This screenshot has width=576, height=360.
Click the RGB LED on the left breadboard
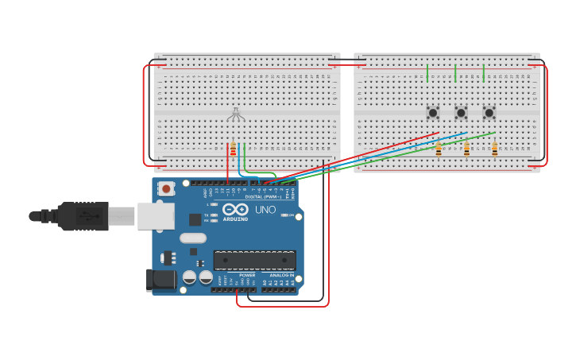point(236,115)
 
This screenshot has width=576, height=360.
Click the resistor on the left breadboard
point(233,150)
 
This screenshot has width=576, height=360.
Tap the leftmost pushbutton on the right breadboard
point(433,113)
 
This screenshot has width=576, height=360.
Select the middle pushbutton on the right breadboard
point(461,113)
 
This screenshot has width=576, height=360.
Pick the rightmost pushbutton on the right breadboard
point(489,113)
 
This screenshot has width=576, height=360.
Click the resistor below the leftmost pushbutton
point(438,149)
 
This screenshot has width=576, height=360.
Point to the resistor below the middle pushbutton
point(466,149)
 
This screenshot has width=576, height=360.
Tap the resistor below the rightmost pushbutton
point(494,149)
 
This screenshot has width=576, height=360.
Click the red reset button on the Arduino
point(166,189)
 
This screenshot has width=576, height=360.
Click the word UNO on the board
point(265,211)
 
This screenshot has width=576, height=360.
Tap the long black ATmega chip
point(254,260)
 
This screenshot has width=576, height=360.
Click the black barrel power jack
point(160,280)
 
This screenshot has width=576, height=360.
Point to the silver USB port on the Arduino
point(155,215)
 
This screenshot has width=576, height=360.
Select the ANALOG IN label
point(278,275)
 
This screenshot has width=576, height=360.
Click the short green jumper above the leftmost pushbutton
point(427,73)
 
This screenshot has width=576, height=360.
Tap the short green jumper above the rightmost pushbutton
point(483,73)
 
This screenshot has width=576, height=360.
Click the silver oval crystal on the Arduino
point(193,238)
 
